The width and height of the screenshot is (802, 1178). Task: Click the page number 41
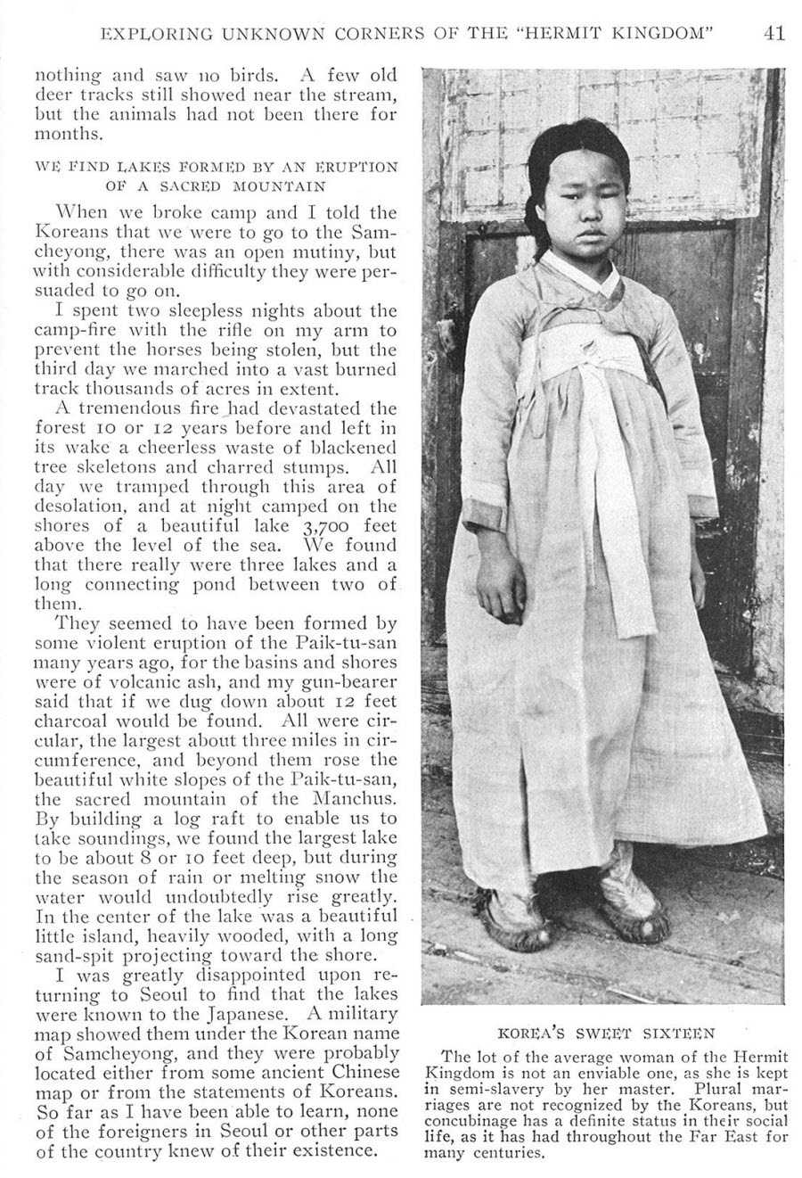click(773, 34)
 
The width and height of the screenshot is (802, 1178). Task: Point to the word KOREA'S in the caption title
click(531, 1034)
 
